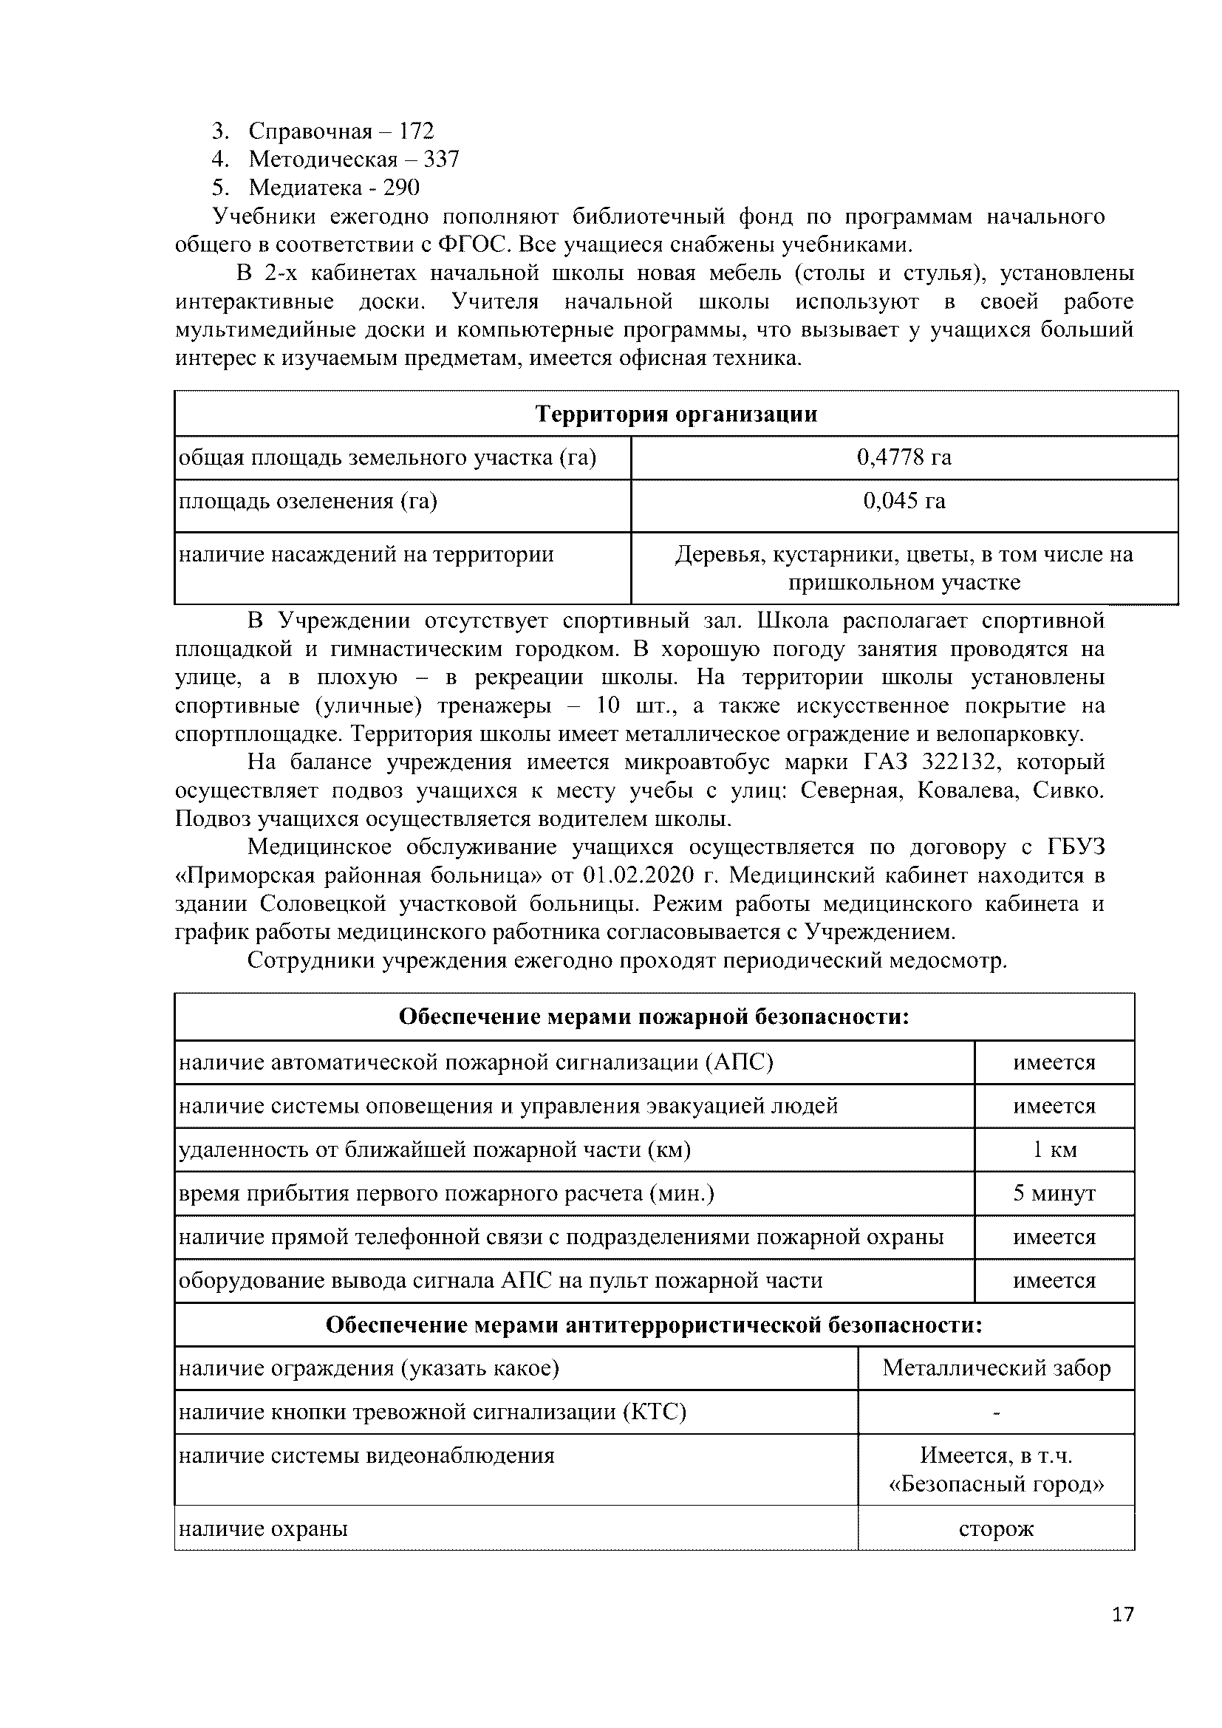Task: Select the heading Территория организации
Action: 676,414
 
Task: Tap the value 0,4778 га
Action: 904,457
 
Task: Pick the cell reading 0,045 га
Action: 904,500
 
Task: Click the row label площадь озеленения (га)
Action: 308,500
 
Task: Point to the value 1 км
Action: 1054,1150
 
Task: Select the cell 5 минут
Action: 1054,1193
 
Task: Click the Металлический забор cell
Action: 996,1367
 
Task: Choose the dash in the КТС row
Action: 996,1413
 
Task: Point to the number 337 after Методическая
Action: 441,160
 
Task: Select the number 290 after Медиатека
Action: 401,188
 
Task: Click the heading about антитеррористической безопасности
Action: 654,1325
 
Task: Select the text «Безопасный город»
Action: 996,1484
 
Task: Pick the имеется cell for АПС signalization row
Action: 1054,1062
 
